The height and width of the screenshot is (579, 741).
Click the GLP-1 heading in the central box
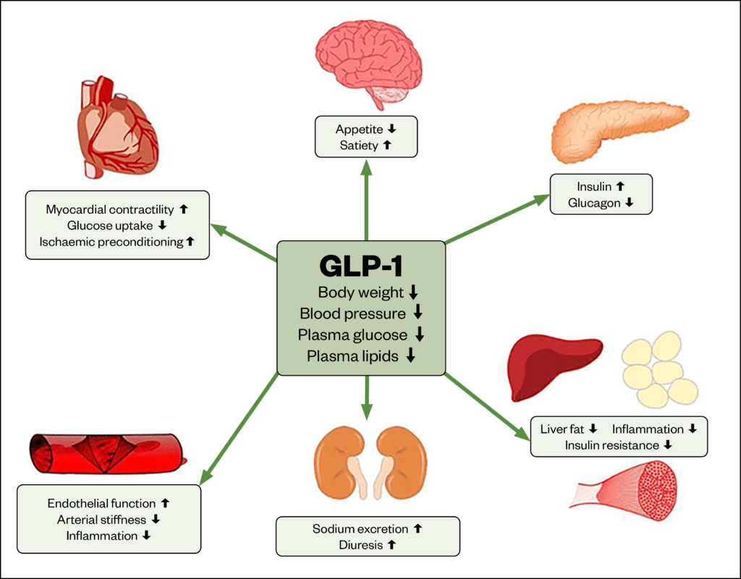(360, 266)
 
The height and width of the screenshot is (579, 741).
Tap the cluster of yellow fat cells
(659, 369)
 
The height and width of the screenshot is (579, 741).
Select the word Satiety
(358, 145)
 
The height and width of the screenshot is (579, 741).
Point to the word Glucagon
(594, 203)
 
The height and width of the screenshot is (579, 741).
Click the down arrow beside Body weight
(413, 292)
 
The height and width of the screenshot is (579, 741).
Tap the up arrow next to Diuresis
(391, 545)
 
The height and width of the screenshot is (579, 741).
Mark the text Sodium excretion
(360, 529)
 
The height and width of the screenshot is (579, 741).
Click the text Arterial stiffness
(103, 519)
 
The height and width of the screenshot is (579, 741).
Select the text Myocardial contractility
(110, 209)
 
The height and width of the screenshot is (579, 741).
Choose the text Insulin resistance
(612, 445)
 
